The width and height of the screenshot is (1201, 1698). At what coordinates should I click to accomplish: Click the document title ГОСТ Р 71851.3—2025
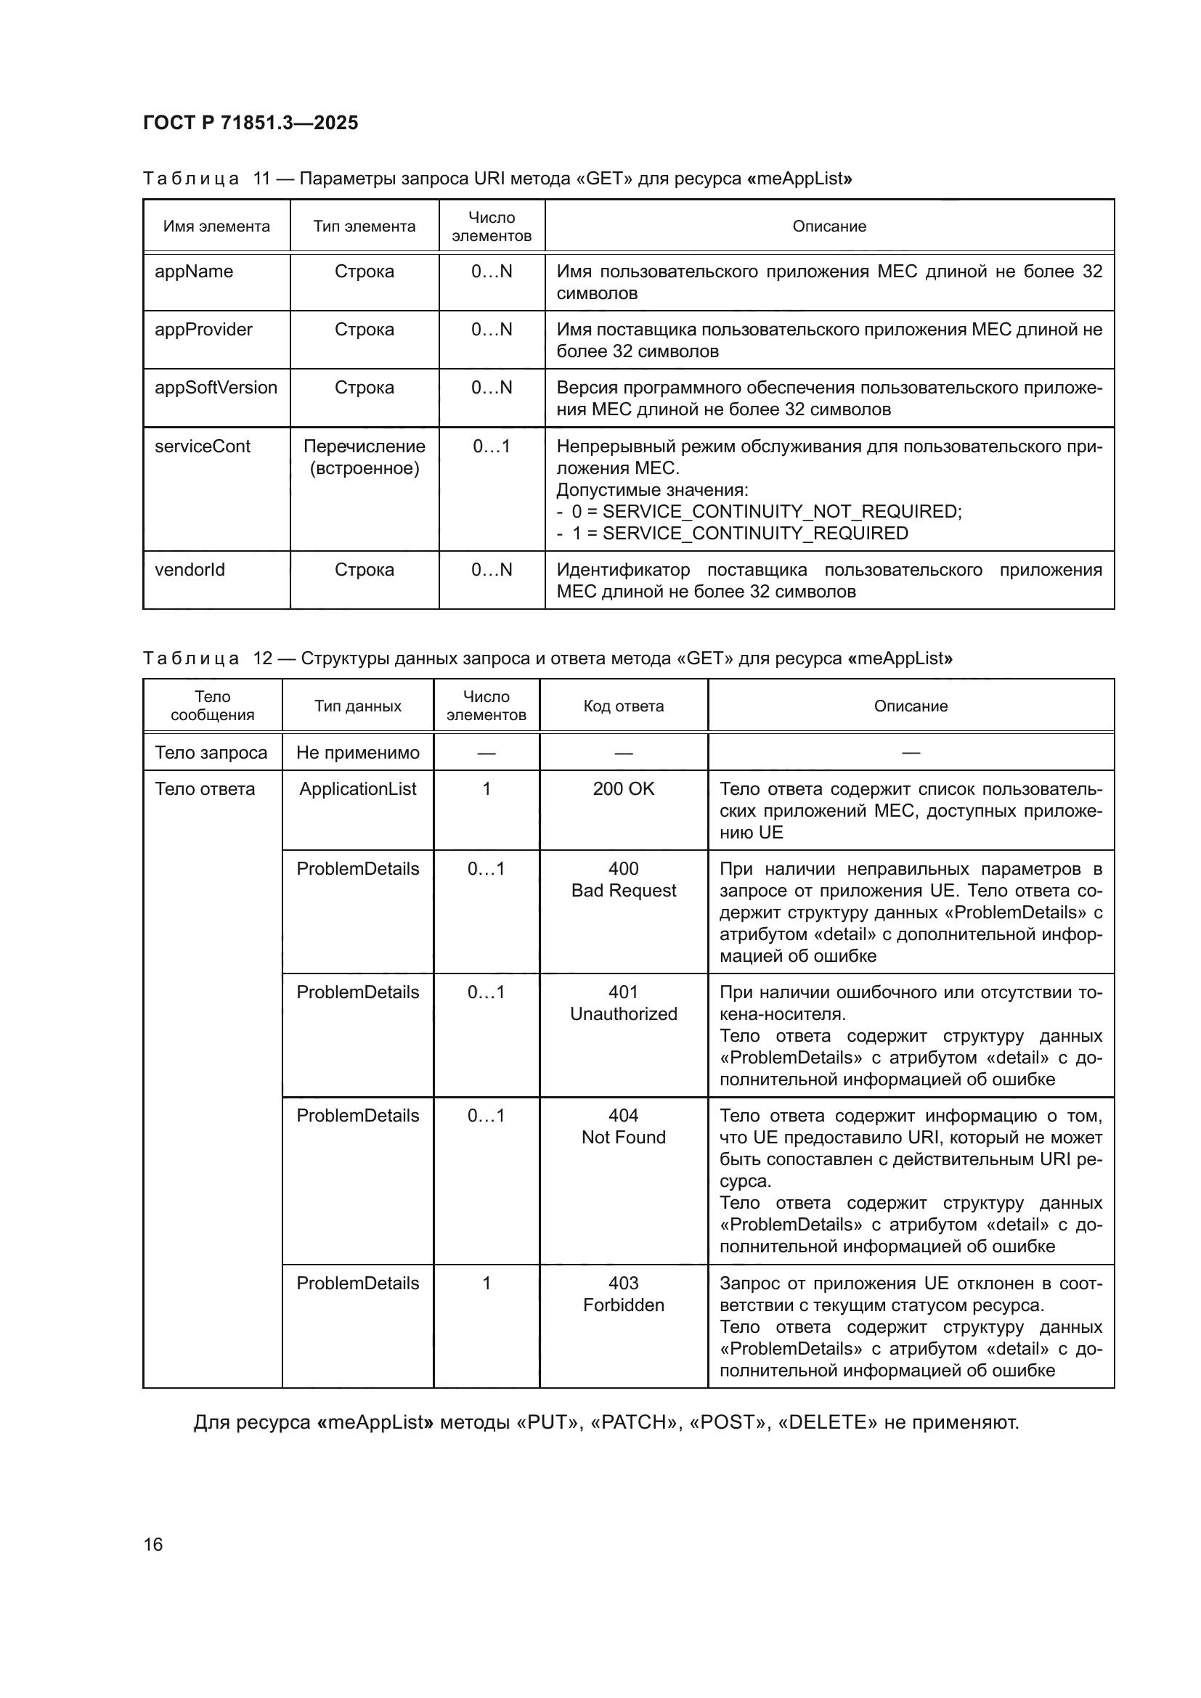click(x=251, y=123)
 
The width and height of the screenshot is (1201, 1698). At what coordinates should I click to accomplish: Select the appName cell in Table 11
click(x=194, y=272)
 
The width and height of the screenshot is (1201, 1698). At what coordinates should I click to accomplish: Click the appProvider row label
click(x=203, y=330)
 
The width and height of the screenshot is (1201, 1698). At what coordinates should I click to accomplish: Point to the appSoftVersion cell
click(x=216, y=388)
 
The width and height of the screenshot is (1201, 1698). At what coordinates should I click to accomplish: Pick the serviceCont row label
click(x=203, y=446)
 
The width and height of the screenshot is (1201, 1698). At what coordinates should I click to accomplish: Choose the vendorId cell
click(x=190, y=569)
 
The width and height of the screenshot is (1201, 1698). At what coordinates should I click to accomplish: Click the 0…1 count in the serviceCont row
click(x=491, y=446)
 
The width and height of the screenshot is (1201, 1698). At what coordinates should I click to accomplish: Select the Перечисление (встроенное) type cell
click(x=364, y=457)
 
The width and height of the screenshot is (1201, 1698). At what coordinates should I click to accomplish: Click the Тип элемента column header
click(x=364, y=226)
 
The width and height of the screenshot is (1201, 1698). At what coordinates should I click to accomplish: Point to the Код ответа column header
click(x=624, y=706)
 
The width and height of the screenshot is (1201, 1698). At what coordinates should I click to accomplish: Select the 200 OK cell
click(x=624, y=789)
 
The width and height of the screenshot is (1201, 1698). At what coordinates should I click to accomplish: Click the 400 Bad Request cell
click(x=624, y=879)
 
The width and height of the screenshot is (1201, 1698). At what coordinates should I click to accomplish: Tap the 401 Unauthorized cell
click(x=624, y=1003)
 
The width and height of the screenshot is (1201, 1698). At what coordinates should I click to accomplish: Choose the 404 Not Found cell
click(x=624, y=1127)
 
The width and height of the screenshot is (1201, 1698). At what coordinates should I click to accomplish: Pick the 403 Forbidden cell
click(x=624, y=1294)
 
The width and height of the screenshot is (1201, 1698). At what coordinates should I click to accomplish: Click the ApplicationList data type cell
click(x=358, y=789)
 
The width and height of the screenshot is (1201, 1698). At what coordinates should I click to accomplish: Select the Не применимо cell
click(x=358, y=753)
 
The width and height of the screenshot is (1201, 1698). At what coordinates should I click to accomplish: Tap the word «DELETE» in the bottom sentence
click(x=828, y=1422)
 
